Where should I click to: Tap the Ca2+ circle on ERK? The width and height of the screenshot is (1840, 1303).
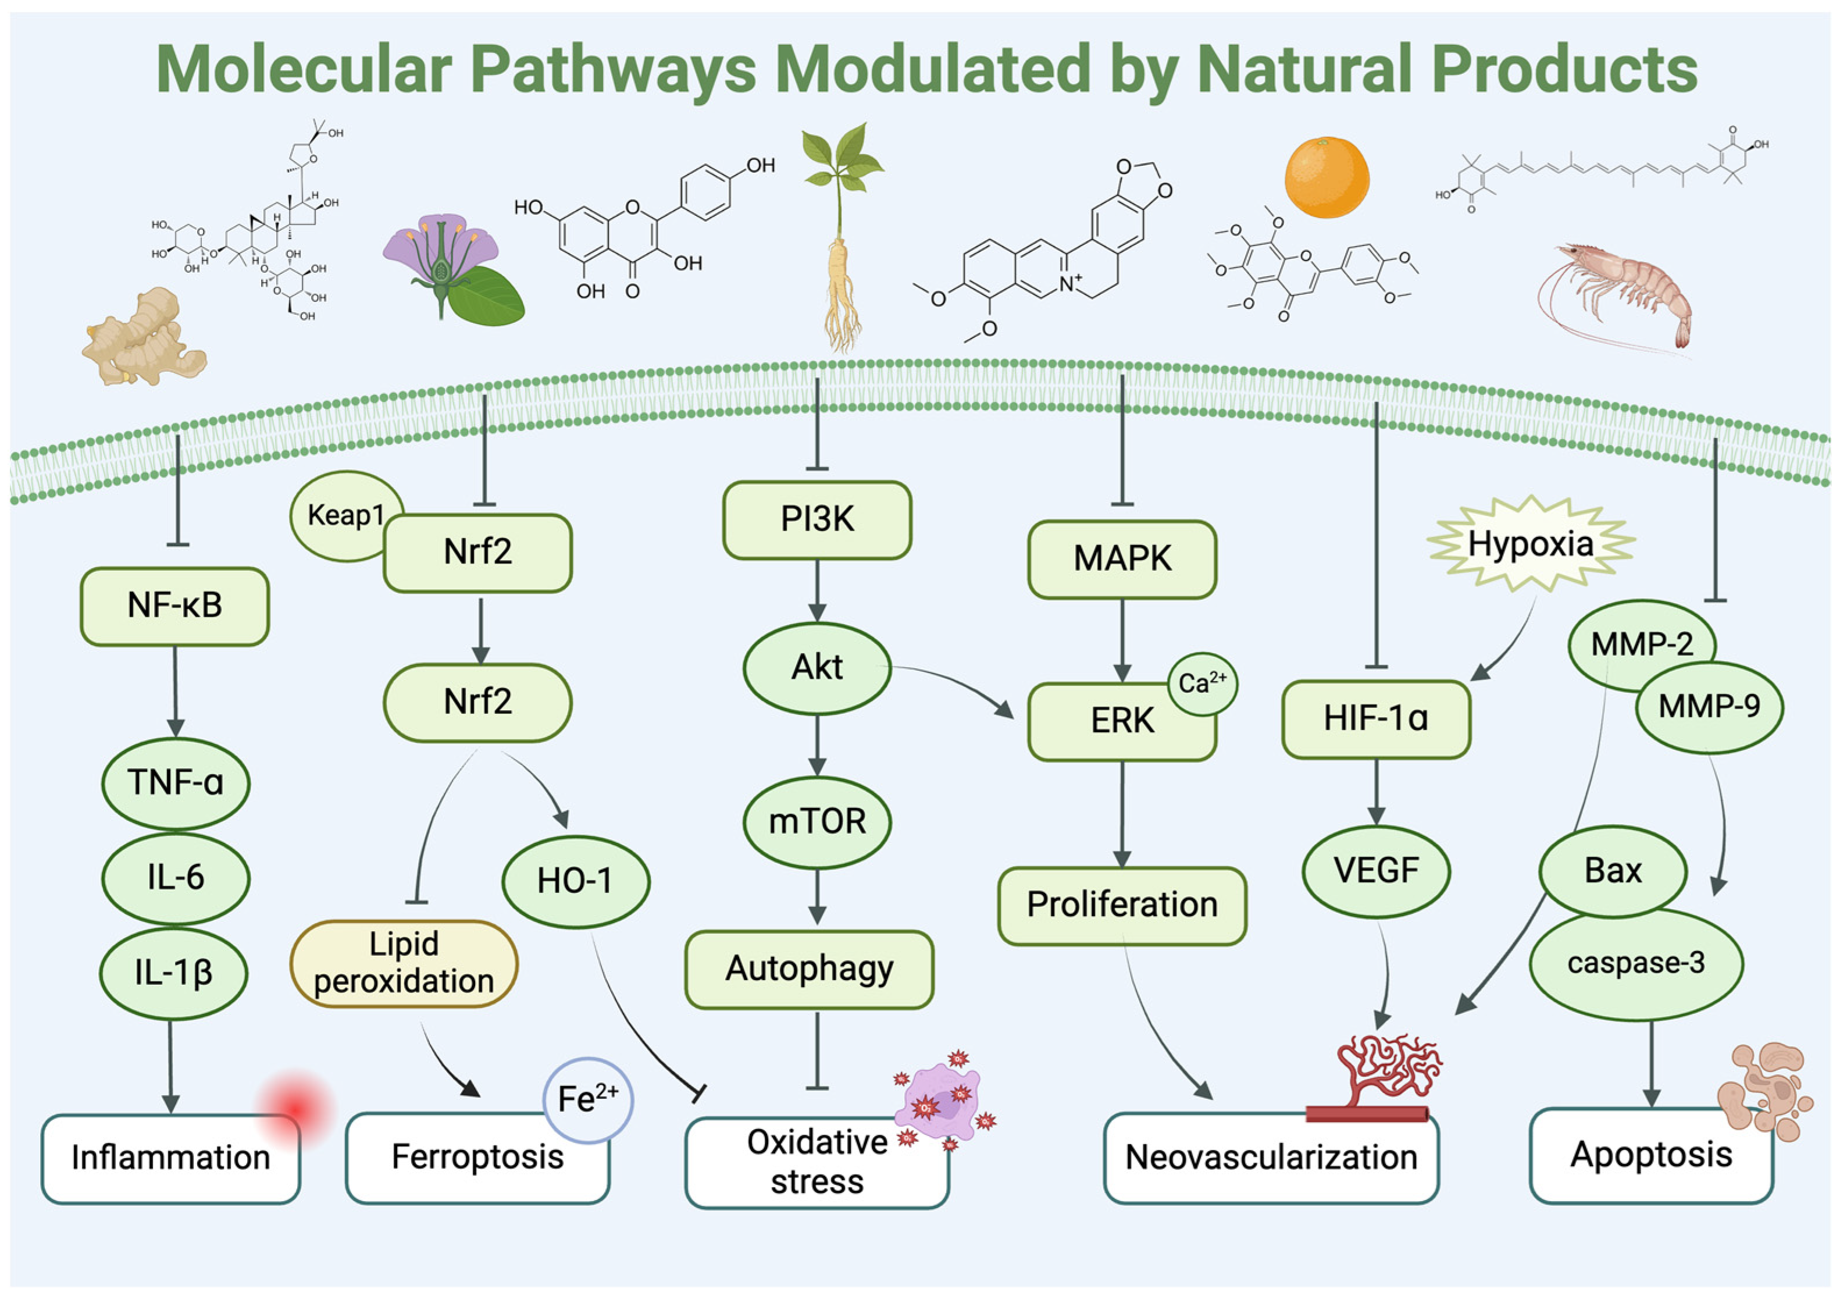[x=1201, y=683]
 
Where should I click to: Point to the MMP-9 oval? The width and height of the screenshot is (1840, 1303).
[x=1709, y=707]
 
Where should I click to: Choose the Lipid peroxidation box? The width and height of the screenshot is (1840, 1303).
[x=404, y=963]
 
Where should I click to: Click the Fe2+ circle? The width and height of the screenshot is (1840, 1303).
[x=587, y=1099]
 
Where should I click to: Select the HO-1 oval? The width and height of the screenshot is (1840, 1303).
[x=575, y=881]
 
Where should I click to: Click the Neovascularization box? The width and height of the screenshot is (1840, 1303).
[x=1271, y=1157]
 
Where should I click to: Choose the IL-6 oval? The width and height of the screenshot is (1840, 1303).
[x=175, y=878]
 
